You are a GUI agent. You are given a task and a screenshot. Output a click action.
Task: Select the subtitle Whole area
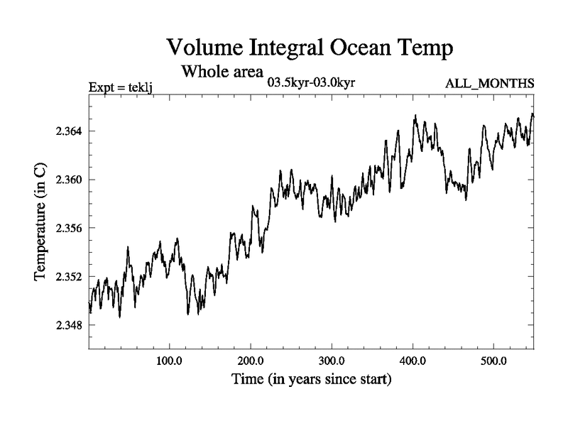pos(222,72)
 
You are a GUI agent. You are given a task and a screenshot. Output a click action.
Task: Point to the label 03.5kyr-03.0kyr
pos(310,83)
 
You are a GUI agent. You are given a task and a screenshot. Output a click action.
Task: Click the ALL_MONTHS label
pos(489,84)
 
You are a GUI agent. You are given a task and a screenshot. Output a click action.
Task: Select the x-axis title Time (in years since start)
pos(311,380)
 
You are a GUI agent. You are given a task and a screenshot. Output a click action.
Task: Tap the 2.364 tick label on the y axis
pos(68,131)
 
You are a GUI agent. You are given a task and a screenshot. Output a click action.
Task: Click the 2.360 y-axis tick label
pos(68,180)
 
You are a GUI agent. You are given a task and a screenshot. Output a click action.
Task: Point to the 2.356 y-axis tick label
pos(68,228)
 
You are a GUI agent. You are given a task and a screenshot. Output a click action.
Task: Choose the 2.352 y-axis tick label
pos(68,277)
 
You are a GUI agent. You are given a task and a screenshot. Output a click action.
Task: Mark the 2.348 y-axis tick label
pos(68,325)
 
